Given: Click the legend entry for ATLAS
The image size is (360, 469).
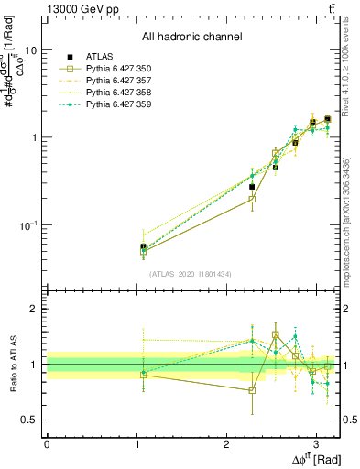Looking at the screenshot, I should point(97,57).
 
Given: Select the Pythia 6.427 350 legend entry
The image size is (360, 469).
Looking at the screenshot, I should point(116,69).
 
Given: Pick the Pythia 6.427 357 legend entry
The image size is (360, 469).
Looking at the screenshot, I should point(116,81).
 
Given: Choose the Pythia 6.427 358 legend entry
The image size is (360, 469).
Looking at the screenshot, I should point(116,93).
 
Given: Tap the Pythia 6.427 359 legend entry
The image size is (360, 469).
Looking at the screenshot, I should point(116,104).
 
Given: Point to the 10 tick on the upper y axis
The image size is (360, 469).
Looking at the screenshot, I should point(30,51).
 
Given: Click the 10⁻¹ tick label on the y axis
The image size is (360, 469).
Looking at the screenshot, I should point(27,224).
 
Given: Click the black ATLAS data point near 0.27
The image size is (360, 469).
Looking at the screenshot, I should point(252,187).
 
